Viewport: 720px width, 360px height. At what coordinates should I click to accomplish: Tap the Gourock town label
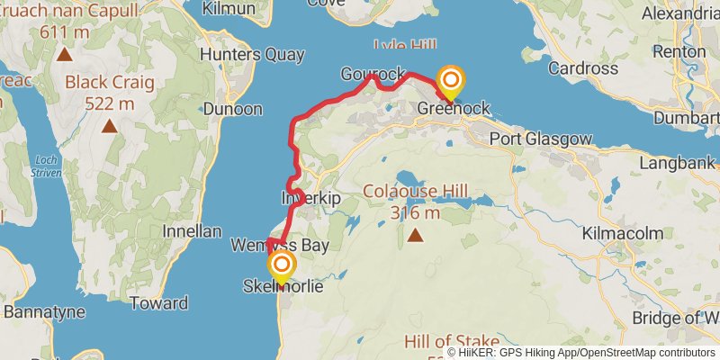tap(369, 73)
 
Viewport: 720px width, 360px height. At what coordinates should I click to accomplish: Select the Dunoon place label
tap(233, 109)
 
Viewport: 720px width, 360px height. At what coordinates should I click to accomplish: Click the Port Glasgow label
tap(541, 139)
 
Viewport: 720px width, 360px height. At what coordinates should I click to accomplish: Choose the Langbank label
tap(678, 163)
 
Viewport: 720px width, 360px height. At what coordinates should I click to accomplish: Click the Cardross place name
tap(582, 68)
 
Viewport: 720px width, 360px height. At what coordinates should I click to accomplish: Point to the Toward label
tap(158, 303)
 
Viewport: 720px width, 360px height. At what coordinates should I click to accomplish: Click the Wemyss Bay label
tap(279, 245)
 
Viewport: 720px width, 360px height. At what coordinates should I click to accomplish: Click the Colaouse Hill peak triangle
tap(415, 236)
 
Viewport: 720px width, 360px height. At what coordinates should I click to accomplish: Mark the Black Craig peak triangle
tap(109, 125)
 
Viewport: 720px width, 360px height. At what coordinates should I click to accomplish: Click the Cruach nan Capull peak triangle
tap(65, 55)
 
